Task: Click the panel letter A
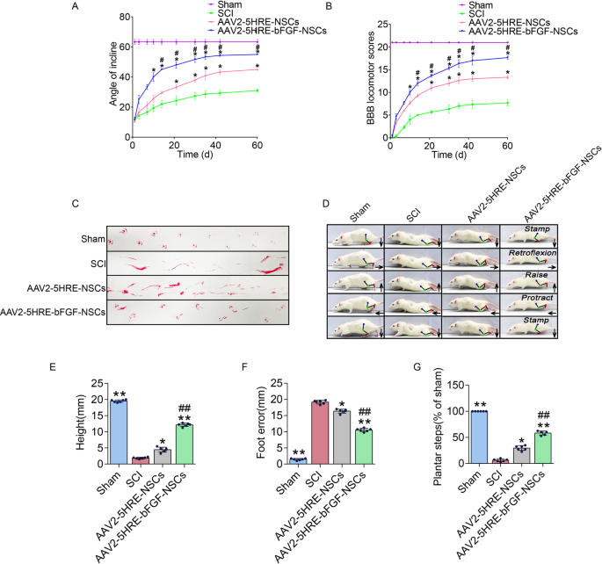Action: [75, 7]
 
